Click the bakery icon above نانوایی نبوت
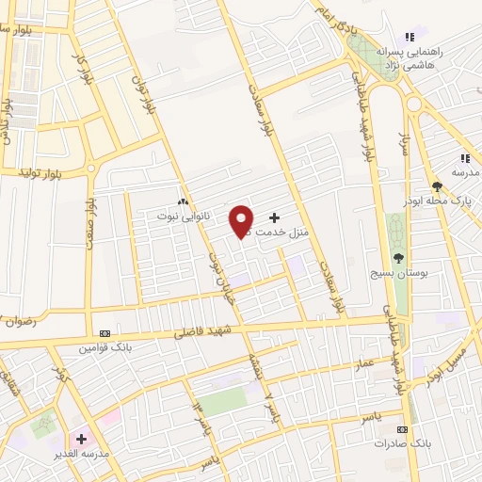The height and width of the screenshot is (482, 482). tap(184, 201)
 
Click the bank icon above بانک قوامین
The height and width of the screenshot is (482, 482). tap(104, 333)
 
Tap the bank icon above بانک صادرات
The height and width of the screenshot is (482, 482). tap(403, 428)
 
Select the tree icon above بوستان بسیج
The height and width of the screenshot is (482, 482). tap(399, 257)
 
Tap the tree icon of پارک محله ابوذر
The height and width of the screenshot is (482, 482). tap(437, 185)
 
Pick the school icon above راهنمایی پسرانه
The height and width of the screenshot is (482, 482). tap(408, 36)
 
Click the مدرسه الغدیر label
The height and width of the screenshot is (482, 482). tap(83, 452)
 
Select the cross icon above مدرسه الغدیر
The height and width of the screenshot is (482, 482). tap(82, 439)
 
